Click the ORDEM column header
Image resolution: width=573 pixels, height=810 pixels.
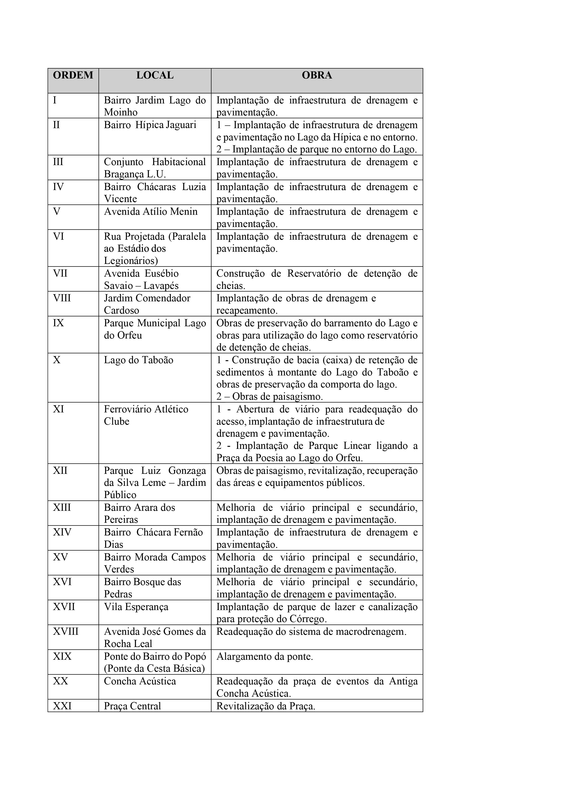73,75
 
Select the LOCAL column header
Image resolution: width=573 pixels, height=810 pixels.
155,75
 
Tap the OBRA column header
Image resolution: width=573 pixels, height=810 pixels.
317,75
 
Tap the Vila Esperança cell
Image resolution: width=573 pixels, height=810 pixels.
136,607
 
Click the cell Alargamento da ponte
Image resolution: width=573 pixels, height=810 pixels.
265,656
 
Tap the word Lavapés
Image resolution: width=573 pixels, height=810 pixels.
161,285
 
